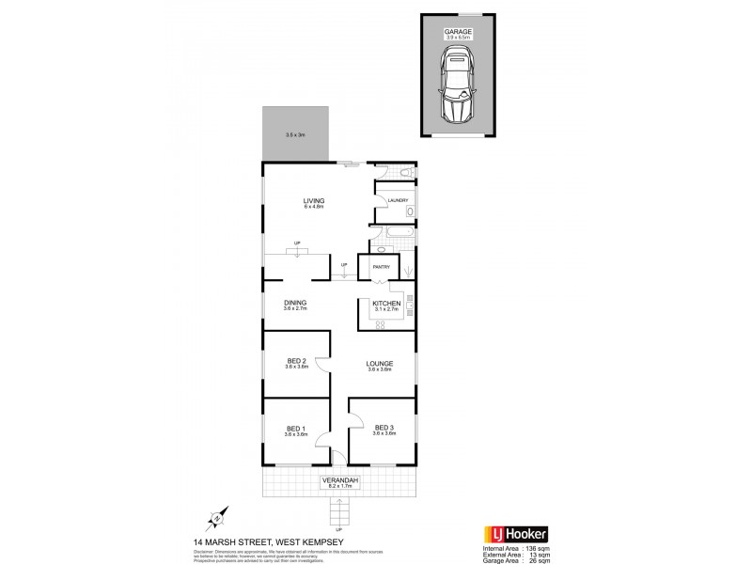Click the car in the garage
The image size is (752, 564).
click(459, 87)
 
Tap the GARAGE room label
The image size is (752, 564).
click(459, 32)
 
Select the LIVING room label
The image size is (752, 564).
click(312, 200)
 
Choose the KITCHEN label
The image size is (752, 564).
click(386, 304)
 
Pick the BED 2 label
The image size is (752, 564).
click(297, 362)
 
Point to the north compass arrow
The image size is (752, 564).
click(217, 517)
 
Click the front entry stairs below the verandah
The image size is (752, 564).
click(337, 514)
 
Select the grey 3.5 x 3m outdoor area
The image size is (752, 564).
click(296, 133)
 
